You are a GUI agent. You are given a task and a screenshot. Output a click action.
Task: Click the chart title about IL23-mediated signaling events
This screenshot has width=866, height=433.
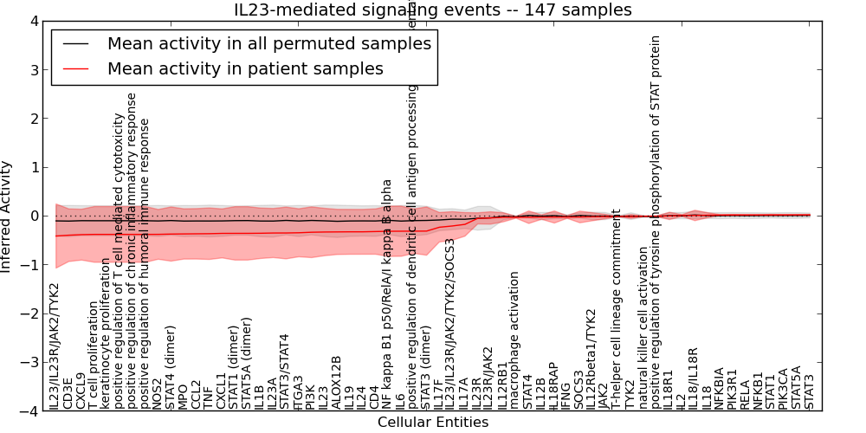coord(433,10)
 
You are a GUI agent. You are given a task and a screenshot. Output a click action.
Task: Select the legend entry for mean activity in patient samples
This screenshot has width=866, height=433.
coord(245,68)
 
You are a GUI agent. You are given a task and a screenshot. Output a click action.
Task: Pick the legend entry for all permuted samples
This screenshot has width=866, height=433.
coord(268,42)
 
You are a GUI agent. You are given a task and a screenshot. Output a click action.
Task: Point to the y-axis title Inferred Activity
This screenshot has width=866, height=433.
coord(7,216)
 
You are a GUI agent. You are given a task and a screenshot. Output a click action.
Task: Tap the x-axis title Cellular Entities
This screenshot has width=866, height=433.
coord(433,423)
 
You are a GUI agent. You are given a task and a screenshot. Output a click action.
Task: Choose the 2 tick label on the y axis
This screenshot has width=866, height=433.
coord(34,119)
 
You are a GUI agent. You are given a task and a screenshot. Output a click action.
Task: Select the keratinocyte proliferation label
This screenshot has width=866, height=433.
coord(106,333)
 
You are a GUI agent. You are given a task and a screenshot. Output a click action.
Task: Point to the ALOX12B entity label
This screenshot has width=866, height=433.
coord(336,382)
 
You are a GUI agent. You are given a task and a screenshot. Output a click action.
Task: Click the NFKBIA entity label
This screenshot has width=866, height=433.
coord(719,388)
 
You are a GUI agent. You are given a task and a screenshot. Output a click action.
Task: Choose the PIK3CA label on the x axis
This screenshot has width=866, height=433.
coord(783,387)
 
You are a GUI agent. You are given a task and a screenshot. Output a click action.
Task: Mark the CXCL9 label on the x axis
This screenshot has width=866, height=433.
coord(81,390)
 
